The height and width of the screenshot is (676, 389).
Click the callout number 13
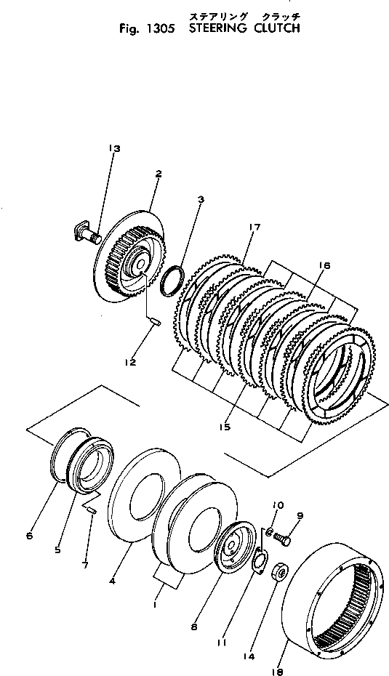click(x=114, y=148)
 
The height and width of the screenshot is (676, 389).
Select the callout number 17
click(x=254, y=228)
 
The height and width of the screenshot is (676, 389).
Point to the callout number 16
click(x=325, y=266)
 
